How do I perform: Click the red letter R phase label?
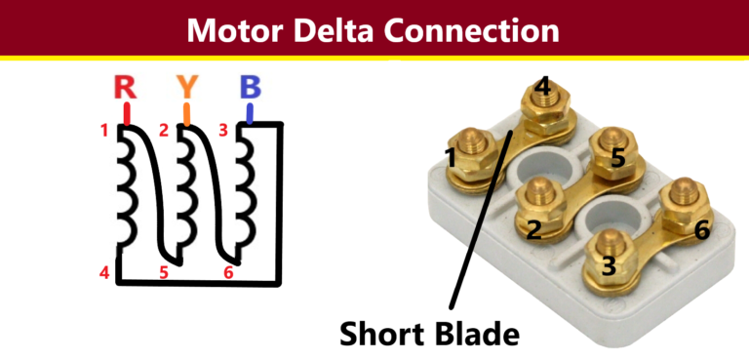coord(125,88)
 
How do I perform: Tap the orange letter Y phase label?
coord(187,88)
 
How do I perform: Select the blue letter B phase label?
coord(251,88)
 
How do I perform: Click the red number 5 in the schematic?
coord(164,272)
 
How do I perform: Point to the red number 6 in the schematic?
coord(228,272)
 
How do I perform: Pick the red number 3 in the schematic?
coord(223,129)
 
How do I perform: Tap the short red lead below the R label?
coord(125,114)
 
